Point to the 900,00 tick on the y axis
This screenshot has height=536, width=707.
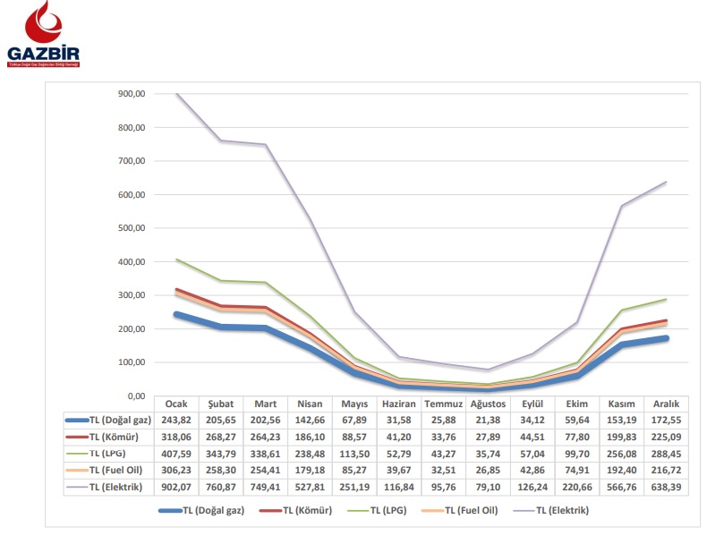(131, 94)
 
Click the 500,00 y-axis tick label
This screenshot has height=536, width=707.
(131, 228)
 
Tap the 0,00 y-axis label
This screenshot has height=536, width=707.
(136, 396)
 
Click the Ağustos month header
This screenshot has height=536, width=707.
(488, 404)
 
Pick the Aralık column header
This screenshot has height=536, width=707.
(666, 404)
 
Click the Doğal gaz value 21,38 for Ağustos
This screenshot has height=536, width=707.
(488, 419)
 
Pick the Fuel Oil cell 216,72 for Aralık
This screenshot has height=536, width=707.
(666, 471)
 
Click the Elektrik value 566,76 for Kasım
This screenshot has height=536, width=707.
(621, 488)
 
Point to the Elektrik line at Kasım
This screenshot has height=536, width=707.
(621, 206)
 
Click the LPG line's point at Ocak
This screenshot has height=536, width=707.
(177, 259)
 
